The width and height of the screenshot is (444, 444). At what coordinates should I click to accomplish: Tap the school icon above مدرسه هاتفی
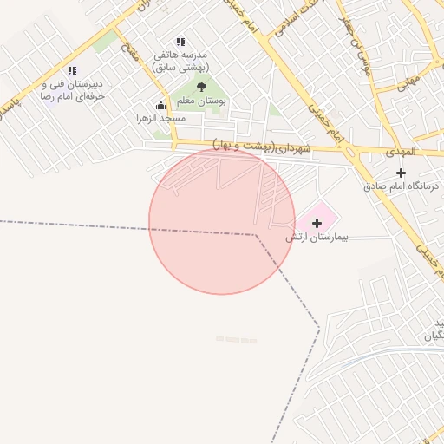click(x=180, y=42)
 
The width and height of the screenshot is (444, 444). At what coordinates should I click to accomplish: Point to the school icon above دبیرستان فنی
click(x=72, y=70)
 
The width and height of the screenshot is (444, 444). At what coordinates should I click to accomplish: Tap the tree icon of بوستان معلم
click(x=202, y=87)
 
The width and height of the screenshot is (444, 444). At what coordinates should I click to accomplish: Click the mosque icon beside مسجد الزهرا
click(x=160, y=106)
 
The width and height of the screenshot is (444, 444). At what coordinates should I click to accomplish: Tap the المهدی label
click(x=401, y=152)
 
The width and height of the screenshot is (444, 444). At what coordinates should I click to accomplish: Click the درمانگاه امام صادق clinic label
click(x=402, y=186)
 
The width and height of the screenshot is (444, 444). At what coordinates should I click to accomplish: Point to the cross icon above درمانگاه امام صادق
click(x=401, y=173)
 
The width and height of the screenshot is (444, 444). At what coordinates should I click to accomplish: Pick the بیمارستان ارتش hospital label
click(x=317, y=237)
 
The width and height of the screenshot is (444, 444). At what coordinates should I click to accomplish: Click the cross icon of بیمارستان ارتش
click(x=316, y=224)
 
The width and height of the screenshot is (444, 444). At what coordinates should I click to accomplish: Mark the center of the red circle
click(x=222, y=221)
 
